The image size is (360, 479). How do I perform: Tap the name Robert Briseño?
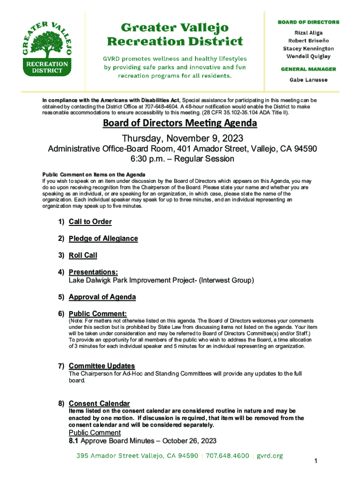click(308, 41)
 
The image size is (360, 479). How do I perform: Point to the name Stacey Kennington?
click(308, 49)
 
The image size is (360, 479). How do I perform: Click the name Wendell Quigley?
click(308, 57)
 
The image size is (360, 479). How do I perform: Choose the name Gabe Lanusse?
click(308, 80)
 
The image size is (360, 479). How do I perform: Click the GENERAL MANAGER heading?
click(308, 69)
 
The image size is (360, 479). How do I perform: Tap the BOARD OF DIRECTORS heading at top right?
click(309, 22)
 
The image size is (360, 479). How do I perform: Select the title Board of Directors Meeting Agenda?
click(180, 123)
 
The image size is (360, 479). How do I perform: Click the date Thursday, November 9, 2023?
click(180, 138)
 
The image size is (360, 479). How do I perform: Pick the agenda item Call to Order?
click(90, 222)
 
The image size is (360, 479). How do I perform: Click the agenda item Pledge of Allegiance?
click(103, 239)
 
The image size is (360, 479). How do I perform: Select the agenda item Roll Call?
click(83, 255)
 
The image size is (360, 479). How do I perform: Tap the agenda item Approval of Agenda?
click(102, 297)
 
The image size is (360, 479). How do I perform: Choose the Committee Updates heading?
click(102, 366)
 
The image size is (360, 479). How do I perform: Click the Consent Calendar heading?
click(99, 403)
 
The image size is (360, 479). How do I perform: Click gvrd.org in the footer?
click(270, 456)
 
